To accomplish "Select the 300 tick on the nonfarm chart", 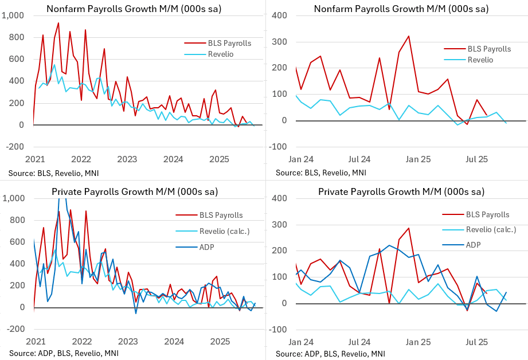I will (279, 42).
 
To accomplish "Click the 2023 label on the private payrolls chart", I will (127, 342).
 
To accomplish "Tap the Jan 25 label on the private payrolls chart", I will (419, 342).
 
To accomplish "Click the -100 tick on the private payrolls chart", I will (277, 330).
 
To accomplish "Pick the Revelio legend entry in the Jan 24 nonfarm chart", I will (482, 60).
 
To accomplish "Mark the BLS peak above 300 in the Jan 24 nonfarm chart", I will (408, 36).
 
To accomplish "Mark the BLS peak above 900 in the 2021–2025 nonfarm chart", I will (58, 23).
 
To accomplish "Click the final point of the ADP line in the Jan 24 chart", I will (506, 292).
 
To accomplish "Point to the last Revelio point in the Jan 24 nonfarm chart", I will (506, 123).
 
